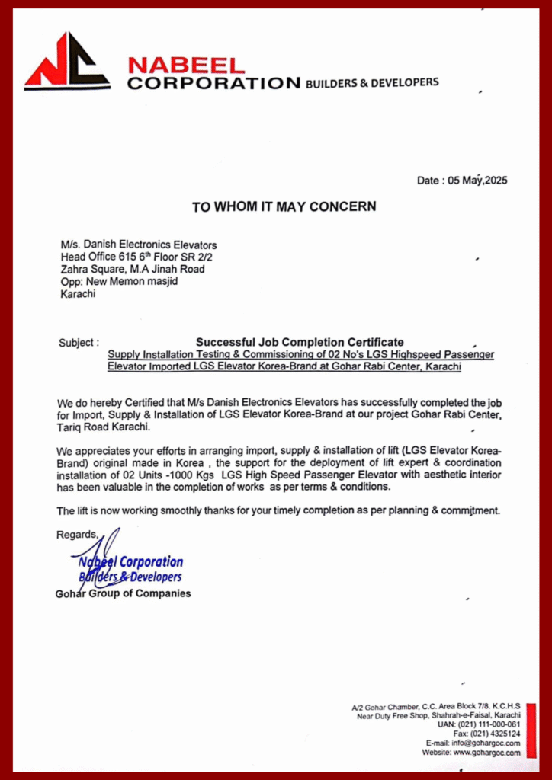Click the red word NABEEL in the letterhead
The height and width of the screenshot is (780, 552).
point(186,66)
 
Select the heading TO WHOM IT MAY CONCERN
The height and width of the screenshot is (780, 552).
point(284,206)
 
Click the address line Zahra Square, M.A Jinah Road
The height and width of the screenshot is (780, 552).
point(133,269)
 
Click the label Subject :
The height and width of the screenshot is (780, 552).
point(79,343)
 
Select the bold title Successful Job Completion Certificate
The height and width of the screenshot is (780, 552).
point(300,342)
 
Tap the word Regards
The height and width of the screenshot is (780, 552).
point(77,535)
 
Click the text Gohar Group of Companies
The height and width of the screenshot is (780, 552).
point(124,593)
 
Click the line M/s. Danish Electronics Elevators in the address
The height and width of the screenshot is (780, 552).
point(139,245)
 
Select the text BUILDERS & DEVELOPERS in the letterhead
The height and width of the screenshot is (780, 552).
point(371,82)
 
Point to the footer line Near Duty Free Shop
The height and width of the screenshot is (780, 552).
point(438,716)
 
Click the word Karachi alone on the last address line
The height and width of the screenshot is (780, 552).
point(78,293)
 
